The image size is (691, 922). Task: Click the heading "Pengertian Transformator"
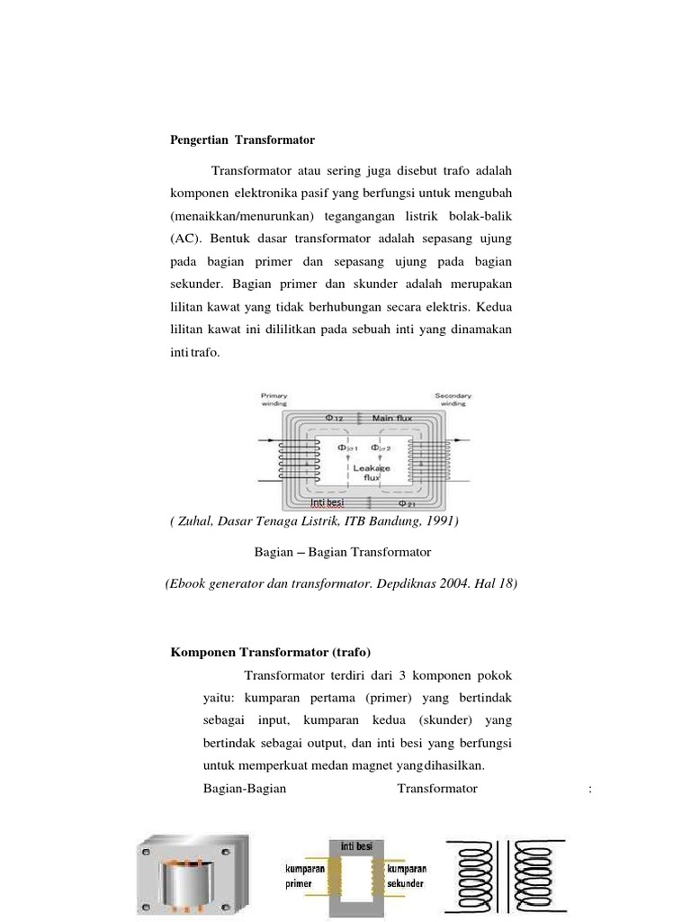click(243, 140)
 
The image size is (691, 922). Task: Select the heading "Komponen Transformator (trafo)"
click(270, 652)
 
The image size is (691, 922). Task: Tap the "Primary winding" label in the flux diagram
click(274, 400)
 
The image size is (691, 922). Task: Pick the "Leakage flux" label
click(372, 473)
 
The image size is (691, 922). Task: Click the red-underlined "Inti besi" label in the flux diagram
click(333, 502)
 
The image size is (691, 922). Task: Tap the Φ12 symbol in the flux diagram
click(334, 418)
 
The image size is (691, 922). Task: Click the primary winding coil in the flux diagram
click(293, 460)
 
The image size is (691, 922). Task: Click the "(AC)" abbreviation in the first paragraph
click(186, 239)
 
